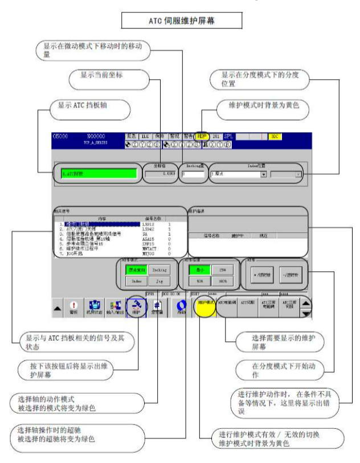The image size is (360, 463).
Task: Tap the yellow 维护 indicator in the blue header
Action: click(201, 137)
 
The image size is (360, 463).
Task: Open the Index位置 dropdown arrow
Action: click(264, 173)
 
